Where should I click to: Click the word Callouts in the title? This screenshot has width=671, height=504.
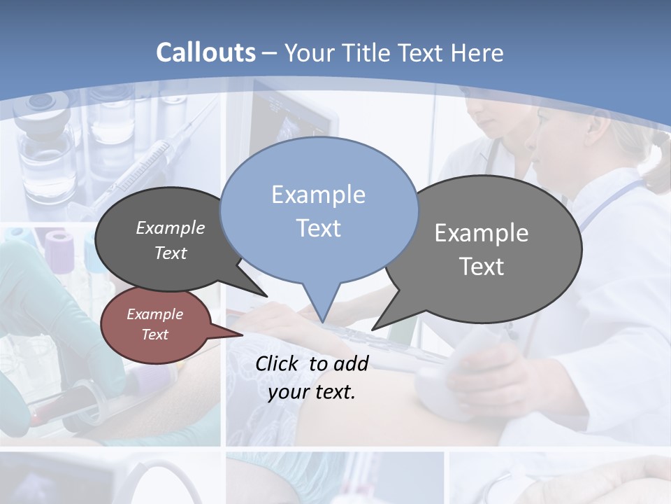point(205,52)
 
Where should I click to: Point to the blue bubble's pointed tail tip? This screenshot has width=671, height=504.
point(322,321)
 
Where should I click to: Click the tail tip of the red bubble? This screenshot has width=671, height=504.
point(241,335)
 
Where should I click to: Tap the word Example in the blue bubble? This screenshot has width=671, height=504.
point(319,195)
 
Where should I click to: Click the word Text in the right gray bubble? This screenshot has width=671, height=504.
point(482,267)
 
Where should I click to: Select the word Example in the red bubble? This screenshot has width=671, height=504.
point(154,314)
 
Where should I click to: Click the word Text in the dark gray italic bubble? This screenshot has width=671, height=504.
point(171,253)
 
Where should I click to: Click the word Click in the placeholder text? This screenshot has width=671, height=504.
point(278,363)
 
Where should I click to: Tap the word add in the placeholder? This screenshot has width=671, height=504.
point(352,363)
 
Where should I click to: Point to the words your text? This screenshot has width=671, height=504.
point(312,392)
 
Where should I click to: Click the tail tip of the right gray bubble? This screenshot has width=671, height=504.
point(373,329)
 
